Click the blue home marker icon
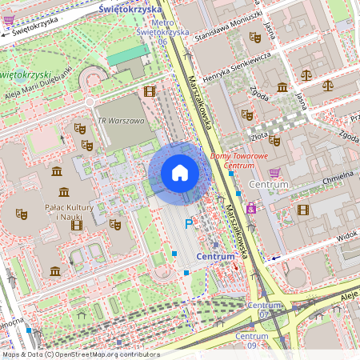(180, 173)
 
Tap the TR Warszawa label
(121, 121)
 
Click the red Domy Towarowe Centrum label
(238, 160)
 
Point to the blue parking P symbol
(190, 225)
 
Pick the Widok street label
(346, 238)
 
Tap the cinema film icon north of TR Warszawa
(149, 91)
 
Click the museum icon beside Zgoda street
(282, 87)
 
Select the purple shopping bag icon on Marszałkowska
(251, 210)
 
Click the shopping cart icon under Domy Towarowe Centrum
(274, 173)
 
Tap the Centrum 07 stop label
(264, 310)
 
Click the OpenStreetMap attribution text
(81, 354)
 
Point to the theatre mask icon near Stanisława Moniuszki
(255, 37)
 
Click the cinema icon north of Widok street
(302, 210)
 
